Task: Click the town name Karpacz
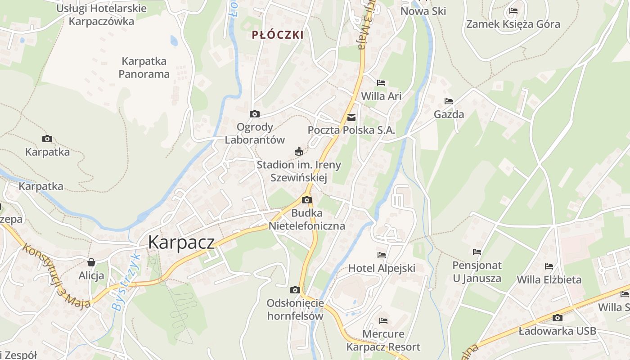181,242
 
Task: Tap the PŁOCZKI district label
278,35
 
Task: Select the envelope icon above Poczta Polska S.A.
351,118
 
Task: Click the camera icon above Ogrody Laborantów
254,114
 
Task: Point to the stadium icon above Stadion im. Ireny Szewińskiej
298,152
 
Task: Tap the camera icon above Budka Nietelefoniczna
307,200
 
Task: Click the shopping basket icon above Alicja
91,262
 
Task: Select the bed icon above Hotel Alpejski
382,255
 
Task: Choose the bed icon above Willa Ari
381,83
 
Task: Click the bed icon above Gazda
448,101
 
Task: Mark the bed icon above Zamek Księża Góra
513,11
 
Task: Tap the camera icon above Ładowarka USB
557,318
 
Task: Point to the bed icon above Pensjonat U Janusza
477,252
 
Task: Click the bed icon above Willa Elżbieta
549,266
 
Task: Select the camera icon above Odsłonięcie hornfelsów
295,290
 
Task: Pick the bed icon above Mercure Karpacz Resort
383,321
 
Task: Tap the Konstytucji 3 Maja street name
57,276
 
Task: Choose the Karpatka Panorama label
144,67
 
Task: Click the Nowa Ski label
423,11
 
